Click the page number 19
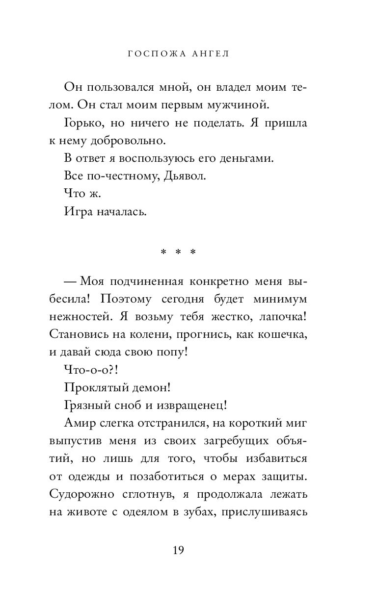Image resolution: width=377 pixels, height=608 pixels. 178,551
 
